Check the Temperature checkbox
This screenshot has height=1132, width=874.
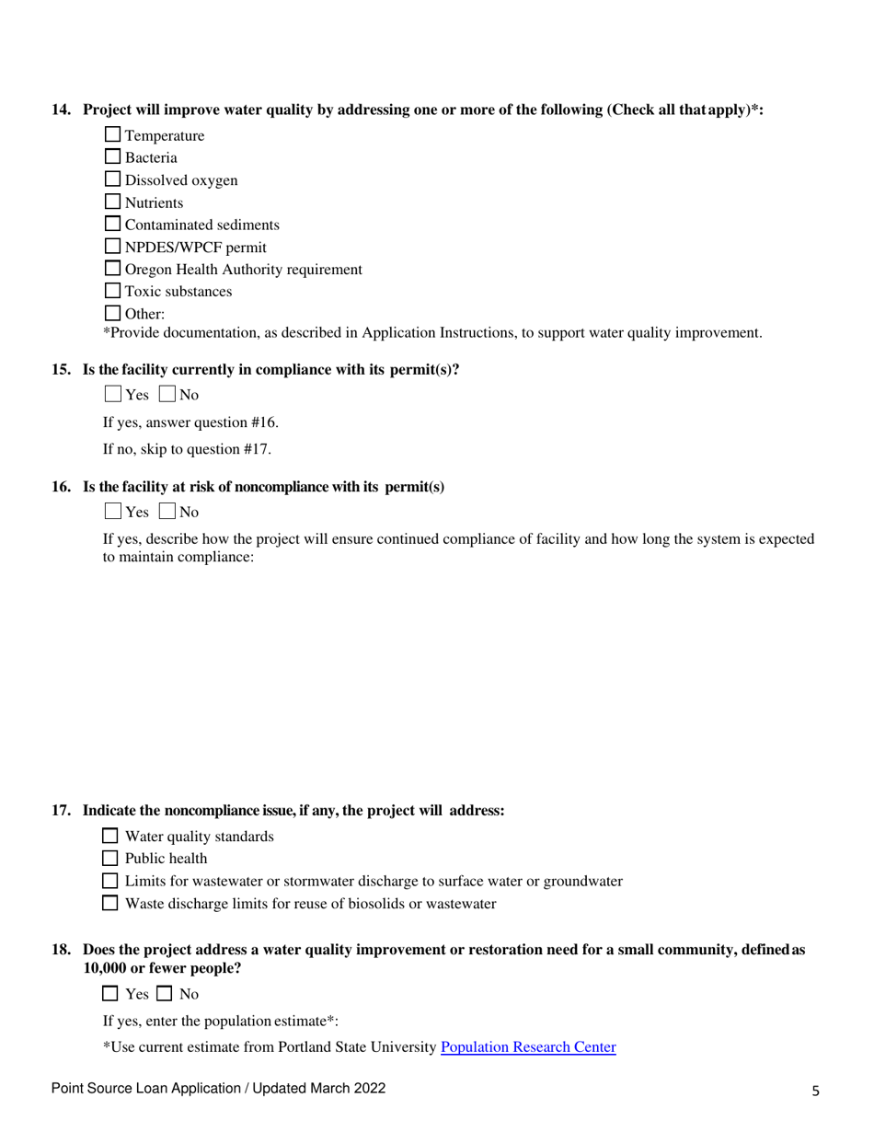coord(113,135)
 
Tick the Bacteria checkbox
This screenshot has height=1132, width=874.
coord(113,157)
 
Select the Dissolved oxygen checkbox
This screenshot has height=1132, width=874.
coord(113,179)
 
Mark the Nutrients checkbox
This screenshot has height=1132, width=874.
coord(113,202)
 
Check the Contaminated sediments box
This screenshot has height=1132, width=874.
coord(113,224)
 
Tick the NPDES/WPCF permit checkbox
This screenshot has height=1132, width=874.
coord(113,246)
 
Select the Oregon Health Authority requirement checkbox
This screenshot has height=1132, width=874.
coord(113,269)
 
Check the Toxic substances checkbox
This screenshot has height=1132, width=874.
coord(113,291)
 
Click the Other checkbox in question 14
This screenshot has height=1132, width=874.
coord(113,313)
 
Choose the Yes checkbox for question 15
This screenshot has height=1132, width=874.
coord(112,396)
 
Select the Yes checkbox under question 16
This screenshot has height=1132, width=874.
coord(112,511)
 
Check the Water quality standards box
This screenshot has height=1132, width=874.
coord(110,837)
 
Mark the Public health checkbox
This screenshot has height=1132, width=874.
coord(110,859)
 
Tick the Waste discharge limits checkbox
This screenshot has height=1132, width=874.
coord(110,903)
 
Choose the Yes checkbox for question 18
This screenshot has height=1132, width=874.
coord(110,993)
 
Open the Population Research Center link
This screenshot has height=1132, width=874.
coord(528,1046)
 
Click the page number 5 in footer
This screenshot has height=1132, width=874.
coord(815,1091)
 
